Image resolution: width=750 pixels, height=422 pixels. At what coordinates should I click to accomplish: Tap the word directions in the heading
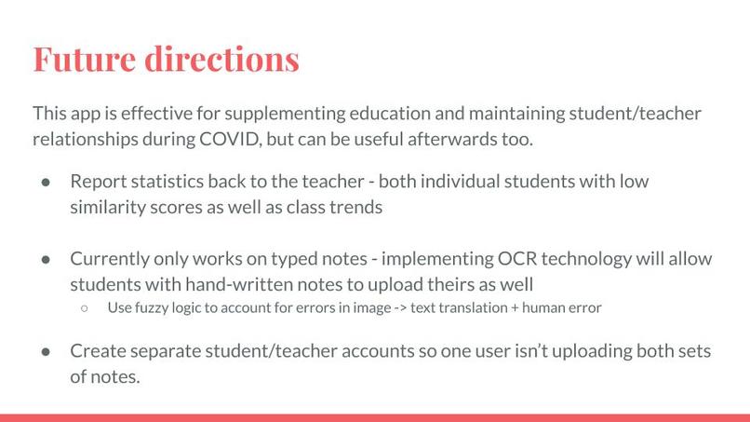tap(223, 59)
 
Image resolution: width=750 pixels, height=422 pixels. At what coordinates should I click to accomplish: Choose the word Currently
tap(112, 258)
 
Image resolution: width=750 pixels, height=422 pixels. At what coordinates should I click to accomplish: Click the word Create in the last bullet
tap(99, 351)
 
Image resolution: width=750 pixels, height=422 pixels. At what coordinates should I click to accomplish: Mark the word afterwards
tap(471, 140)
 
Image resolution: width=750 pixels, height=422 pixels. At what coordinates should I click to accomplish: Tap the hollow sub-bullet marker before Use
tap(85, 308)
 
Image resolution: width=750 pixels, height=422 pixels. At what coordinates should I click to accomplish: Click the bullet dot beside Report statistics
tap(45, 182)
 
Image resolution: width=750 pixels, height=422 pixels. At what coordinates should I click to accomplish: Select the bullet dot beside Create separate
tap(45, 352)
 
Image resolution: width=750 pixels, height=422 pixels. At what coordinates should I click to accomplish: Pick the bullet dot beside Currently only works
tap(45, 259)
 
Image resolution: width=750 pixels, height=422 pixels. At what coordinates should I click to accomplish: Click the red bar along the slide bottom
tap(375, 417)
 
